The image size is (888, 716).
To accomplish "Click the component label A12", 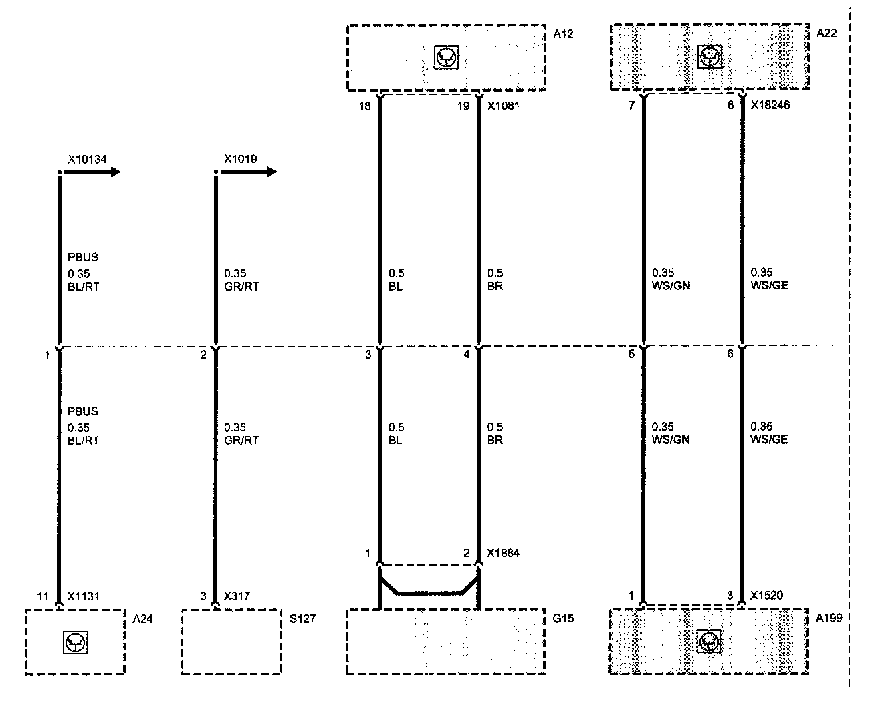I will (563, 33).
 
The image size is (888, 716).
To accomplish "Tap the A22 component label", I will (826, 33).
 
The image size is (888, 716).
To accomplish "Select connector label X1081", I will (503, 106).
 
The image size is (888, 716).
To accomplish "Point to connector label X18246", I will (770, 105).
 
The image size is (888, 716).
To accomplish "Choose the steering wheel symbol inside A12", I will (446, 58).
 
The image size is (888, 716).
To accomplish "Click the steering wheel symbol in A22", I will (709, 58).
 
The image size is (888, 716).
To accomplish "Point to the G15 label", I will (563, 618).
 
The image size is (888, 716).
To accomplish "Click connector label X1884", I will (503, 553).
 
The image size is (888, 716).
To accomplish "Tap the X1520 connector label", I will (766, 596).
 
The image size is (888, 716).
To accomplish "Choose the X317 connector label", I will (236, 596).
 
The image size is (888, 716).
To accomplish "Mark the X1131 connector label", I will (83, 596).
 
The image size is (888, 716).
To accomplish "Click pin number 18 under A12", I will (364, 106).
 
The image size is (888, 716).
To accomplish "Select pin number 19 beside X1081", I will (463, 106).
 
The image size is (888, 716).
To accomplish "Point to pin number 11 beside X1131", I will (43, 596).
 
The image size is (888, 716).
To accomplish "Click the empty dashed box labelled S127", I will (231, 641).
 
